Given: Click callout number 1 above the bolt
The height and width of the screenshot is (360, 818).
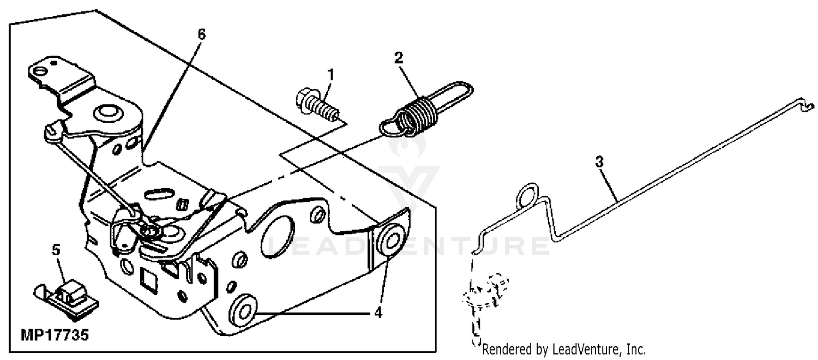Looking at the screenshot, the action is pyautogui.click(x=330, y=74).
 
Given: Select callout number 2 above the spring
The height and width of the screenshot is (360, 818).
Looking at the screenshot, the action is pyautogui.click(x=399, y=58).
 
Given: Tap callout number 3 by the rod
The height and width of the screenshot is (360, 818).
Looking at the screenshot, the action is pyautogui.click(x=599, y=162).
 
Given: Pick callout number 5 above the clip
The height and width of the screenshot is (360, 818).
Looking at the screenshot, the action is pyautogui.click(x=56, y=250).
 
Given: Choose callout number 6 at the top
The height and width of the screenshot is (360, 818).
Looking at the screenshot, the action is pyautogui.click(x=202, y=34).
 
